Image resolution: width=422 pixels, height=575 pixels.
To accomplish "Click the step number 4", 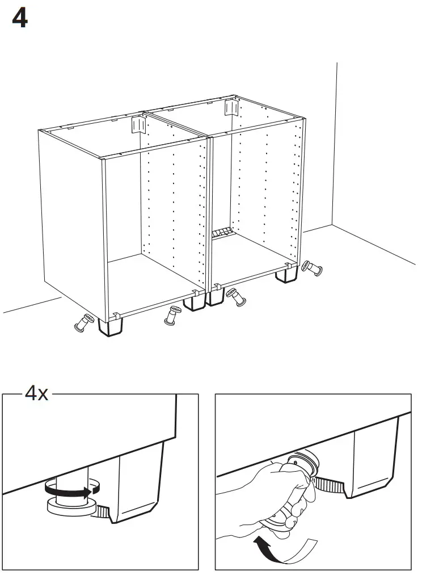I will tap(19, 20).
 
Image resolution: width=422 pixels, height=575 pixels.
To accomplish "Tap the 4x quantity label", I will tap(36, 393).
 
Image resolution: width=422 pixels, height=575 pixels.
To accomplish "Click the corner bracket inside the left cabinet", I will tap(136, 124).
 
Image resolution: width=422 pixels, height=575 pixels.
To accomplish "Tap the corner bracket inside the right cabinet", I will tap(231, 107).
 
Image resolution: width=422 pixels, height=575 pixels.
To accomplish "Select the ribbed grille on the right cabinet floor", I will tap(222, 233).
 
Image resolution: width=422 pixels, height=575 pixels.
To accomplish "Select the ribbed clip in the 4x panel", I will tap(102, 512).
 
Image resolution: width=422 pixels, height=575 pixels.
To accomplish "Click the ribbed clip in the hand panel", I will tap(329, 484).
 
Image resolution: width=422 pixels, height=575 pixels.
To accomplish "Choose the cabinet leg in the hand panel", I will tap(374, 463).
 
